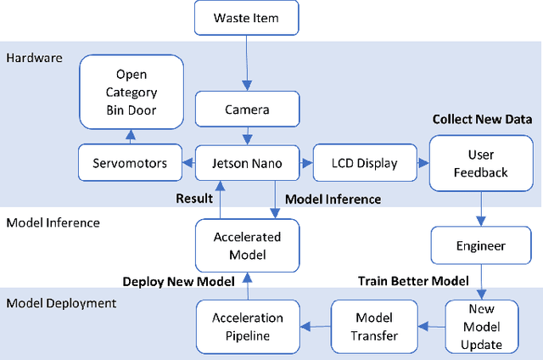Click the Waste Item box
(x=246, y=18)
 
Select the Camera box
(x=246, y=110)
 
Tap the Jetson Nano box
(x=246, y=163)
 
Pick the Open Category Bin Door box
(x=132, y=91)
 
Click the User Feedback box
(x=481, y=163)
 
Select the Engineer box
(x=481, y=245)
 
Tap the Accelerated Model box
(x=246, y=245)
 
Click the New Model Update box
(x=481, y=326)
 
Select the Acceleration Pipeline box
(x=246, y=326)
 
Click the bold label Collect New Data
(x=482, y=119)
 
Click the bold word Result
(x=193, y=199)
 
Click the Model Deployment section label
(x=61, y=303)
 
